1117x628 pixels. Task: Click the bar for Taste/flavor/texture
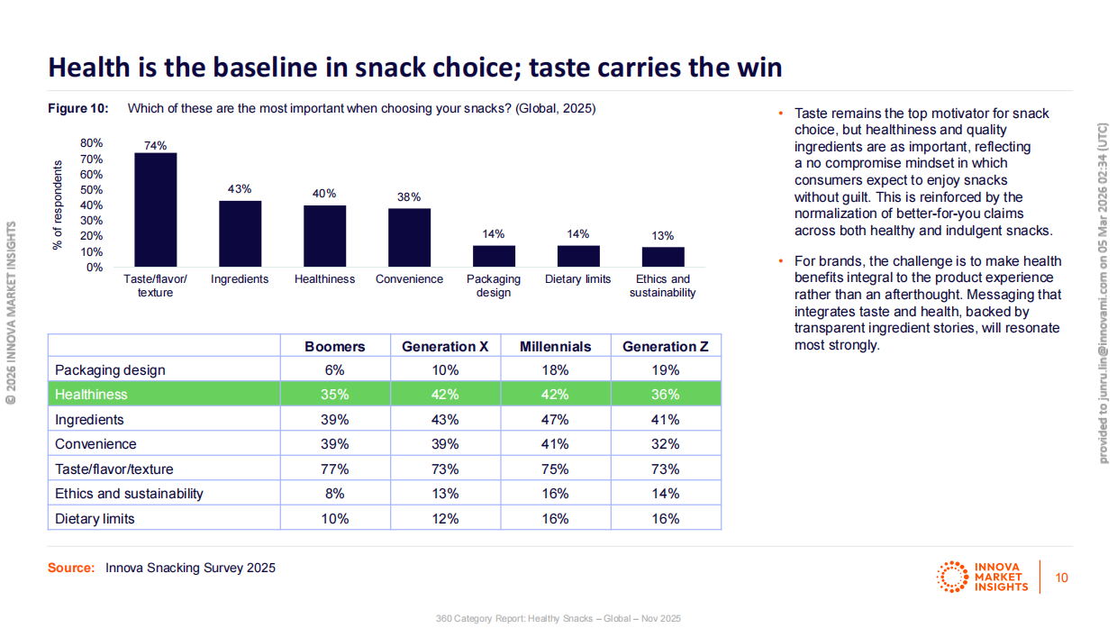coord(155,210)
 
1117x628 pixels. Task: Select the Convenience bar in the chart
coord(409,238)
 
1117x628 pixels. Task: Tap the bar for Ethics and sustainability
coord(663,257)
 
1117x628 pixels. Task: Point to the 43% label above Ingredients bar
coord(240,189)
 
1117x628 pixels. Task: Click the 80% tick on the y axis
coord(92,143)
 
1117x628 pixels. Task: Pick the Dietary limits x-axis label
coord(578,279)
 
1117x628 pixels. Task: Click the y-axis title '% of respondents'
coord(59,205)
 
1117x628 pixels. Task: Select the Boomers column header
coord(334,346)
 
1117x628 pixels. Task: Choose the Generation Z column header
coord(666,346)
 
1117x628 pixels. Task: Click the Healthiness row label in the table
coord(92,395)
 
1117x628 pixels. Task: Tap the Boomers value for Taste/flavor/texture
coord(334,469)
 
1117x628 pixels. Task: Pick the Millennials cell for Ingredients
coord(555,420)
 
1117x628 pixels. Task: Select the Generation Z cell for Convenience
coord(666,444)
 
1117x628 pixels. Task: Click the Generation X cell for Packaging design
coord(444,370)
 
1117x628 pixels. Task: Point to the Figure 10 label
coord(78,109)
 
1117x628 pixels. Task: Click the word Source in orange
coord(71,569)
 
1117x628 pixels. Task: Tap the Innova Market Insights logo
coord(983,577)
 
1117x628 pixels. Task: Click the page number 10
coord(1061,578)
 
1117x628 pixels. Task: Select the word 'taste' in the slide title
coord(567,68)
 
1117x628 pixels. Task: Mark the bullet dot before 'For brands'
coord(782,261)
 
